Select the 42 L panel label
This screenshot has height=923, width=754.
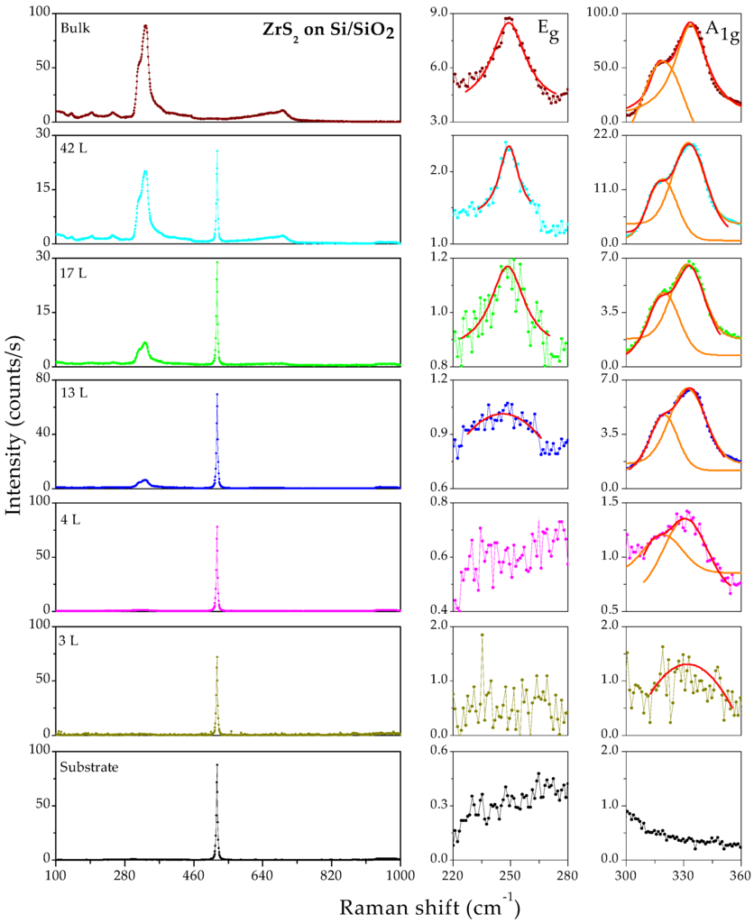point(76,149)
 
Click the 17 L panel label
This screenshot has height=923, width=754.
point(76,270)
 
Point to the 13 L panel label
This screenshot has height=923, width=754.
point(76,392)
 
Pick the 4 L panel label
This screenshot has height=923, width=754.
point(72,515)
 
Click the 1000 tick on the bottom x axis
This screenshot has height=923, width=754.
point(400,874)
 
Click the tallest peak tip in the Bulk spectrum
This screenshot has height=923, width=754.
point(145,25)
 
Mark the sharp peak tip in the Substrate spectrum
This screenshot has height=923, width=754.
point(216,764)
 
